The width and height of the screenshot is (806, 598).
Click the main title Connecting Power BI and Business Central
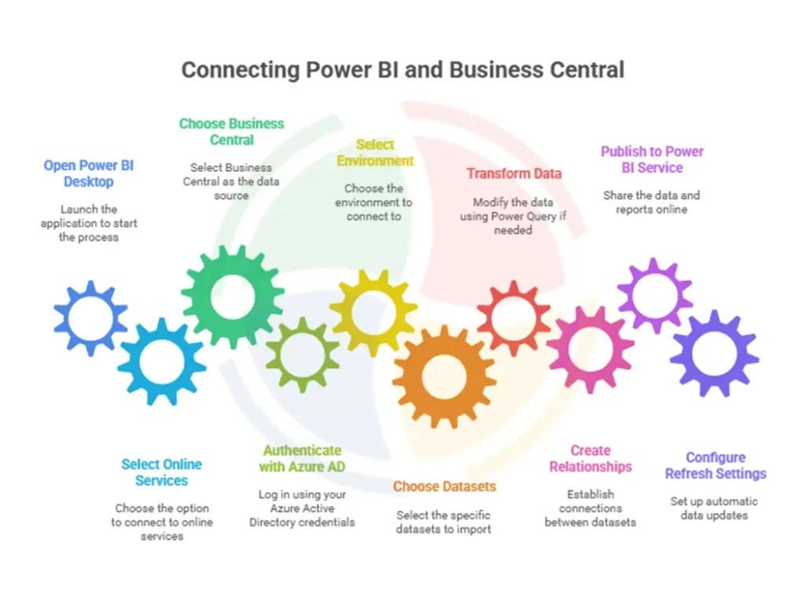point(402,69)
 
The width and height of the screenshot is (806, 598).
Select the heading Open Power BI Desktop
point(88,173)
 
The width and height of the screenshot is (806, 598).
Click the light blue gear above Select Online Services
point(161,361)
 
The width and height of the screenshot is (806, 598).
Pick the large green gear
point(232,296)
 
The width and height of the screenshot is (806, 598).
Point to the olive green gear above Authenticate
point(302,354)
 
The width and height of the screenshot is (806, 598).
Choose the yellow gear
point(373,311)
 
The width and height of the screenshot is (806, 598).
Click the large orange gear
point(444,377)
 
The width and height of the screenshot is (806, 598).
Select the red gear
point(513,317)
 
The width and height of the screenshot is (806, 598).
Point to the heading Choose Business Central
point(231,132)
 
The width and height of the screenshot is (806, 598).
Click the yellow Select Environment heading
point(375,153)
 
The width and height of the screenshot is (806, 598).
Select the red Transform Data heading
point(513,173)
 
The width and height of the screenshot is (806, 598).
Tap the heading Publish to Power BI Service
point(652,159)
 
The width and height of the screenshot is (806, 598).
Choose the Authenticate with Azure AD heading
point(302,458)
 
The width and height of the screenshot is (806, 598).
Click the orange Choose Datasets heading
point(444,486)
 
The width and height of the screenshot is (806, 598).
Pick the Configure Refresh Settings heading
point(715,466)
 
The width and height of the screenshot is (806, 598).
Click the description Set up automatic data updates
point(714,508)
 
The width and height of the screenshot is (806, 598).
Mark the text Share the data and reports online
point(651,202)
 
